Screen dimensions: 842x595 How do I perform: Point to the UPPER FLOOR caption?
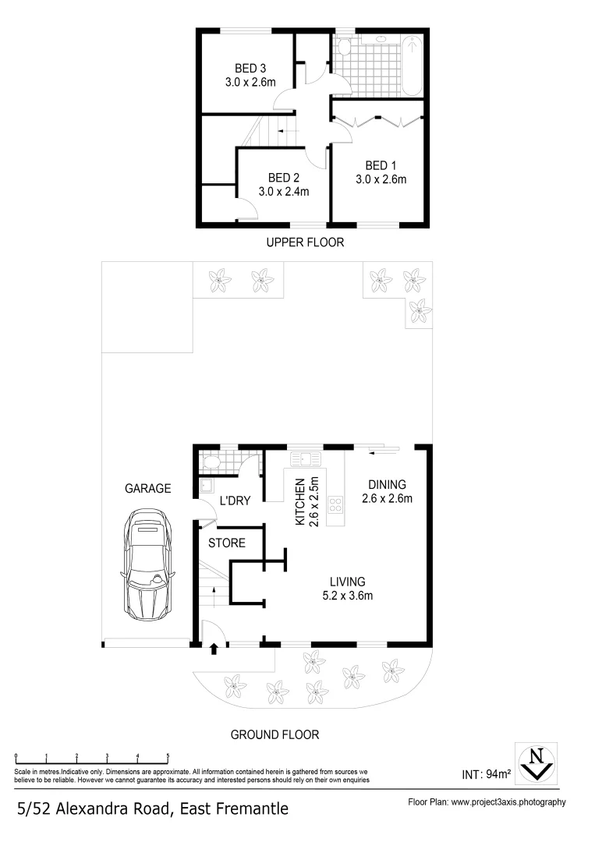pos(305,242)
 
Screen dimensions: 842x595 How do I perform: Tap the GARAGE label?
pos(147,489)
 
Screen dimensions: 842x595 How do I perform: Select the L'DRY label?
pos(234,501)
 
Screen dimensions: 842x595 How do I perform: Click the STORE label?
pos(227,543)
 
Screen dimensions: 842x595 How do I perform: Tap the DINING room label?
pos(387,484)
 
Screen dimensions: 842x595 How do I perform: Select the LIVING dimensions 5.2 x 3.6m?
pos(348,596)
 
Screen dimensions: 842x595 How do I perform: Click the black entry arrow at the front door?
pos(214,649)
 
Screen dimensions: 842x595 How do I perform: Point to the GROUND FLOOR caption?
pos(274,734)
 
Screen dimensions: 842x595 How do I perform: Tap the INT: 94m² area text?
pos(486,774)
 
